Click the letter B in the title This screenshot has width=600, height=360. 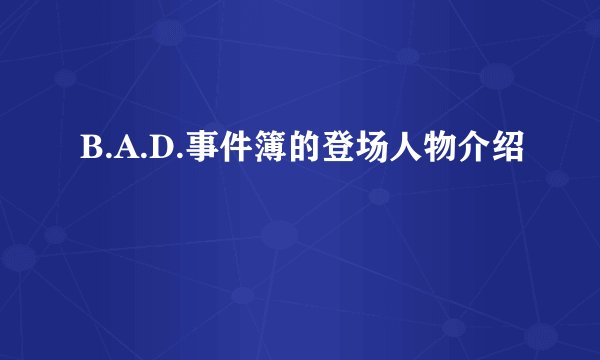coord(87,153)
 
